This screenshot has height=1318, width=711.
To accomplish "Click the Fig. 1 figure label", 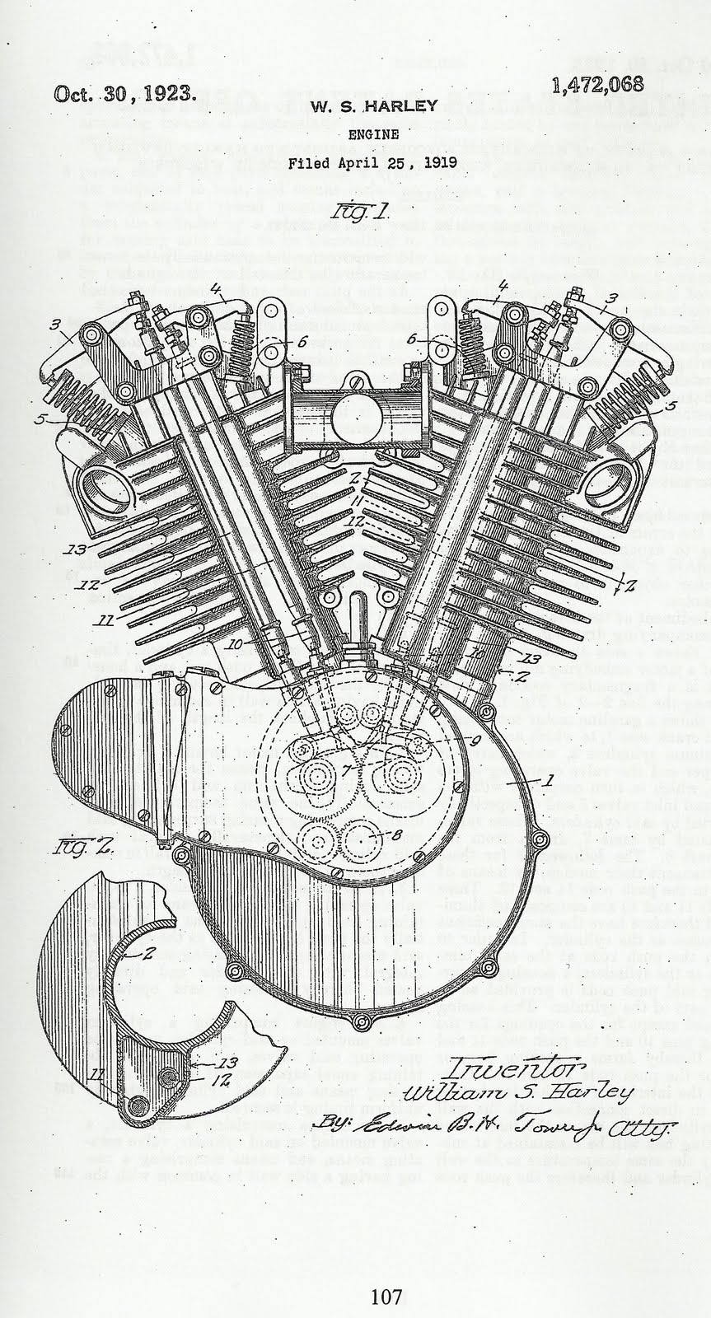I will [x=352, y=215].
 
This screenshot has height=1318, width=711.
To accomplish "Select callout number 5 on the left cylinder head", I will [x=37, y=419].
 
